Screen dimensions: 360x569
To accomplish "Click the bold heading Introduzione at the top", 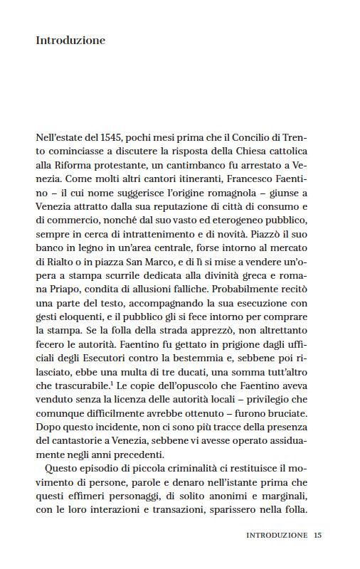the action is point(70,41).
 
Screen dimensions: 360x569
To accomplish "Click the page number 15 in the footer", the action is point(318,534).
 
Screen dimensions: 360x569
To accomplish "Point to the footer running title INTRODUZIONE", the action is point(277,534).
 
